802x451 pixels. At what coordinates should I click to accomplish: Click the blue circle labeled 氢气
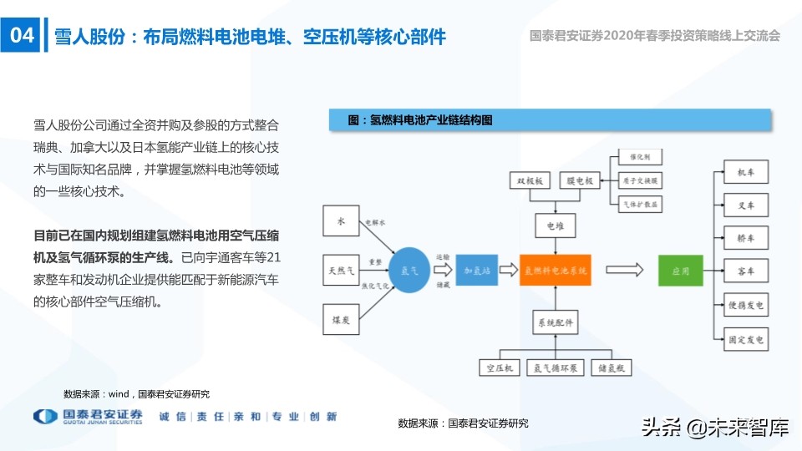[409, 270]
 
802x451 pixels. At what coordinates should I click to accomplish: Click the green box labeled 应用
[680, 271]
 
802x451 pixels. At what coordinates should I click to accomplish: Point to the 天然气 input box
[340, 270]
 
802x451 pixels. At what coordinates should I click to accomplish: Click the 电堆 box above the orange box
[556, 225]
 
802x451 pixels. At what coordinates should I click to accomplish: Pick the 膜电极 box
[580, 180]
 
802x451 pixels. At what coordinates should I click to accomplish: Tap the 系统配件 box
[556, 321]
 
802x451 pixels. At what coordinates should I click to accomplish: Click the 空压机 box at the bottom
[499, 367]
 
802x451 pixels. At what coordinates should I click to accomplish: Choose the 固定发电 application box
[745, 338]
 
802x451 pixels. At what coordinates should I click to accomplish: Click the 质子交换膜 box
[641, 180]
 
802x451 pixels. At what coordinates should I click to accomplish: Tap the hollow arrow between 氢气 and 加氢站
[442, 270]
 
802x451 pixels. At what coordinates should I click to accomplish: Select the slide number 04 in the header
[20, 36]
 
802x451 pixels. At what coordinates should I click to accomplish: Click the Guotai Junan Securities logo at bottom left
[88, 417]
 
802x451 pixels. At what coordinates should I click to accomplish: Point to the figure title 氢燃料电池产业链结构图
[420, 120]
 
